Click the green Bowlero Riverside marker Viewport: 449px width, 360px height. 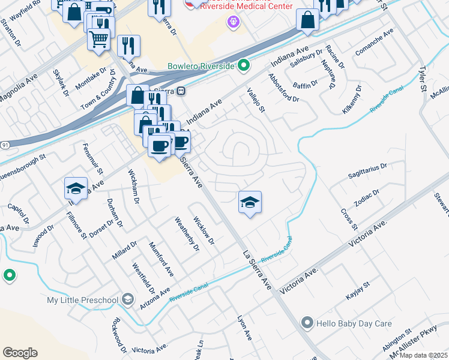[243, 65]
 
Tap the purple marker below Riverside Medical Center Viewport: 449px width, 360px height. [233, 23]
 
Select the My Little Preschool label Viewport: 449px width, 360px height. [83, 299]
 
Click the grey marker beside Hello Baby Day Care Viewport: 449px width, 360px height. [307, 323]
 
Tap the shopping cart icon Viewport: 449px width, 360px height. [99, 40]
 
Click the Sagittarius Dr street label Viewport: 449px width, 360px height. [368, 170]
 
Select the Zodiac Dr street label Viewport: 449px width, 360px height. [367, 199]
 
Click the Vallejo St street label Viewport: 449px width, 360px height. [256, 100]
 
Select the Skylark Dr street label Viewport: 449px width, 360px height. [61, 83]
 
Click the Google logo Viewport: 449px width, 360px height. [20, 352]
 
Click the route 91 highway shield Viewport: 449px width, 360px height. [5, 145]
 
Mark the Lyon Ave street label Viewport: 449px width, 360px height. [244, 328]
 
